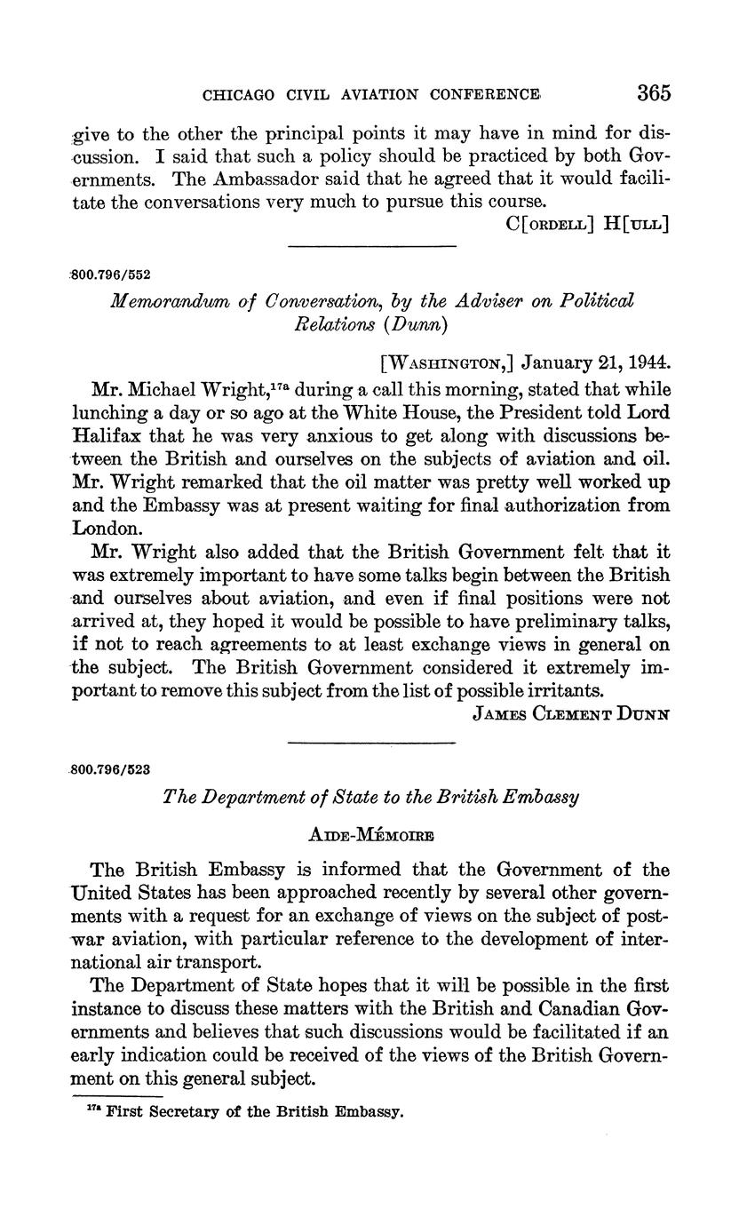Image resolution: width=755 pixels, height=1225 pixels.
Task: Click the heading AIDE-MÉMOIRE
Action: [371, 835]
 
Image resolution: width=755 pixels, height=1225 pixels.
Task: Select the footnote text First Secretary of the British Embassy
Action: [254, 1111]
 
